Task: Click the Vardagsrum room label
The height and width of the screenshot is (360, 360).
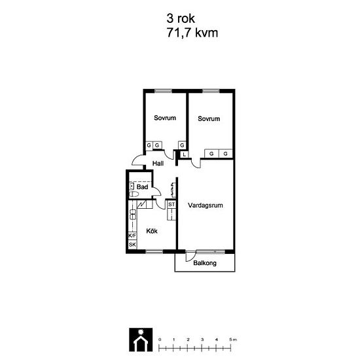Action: tap(206, 206)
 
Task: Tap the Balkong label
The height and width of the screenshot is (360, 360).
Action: tap(205, 263)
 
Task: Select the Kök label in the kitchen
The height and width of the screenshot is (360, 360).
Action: tap(152, 231)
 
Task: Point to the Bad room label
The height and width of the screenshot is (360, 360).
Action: tap(142, 187)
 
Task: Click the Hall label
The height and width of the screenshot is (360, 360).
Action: tap(158, 164)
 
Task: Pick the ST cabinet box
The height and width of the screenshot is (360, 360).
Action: tap(171, 204)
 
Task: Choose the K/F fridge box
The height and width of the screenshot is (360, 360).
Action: tap(132, 236)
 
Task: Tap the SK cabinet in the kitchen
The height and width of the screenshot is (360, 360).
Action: tap(132, 245)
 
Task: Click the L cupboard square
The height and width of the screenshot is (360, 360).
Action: tap(185, 154)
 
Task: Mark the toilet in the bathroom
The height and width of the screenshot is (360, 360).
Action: tap(134, 194)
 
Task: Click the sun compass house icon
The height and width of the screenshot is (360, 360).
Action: tap(141, 340)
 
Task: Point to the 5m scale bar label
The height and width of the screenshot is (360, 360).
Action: tap(233, 340)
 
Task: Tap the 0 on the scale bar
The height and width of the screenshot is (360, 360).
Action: tap(160, 340)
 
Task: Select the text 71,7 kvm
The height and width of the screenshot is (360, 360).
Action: tap(192, 33)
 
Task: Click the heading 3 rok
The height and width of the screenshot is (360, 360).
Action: tap(181, 18)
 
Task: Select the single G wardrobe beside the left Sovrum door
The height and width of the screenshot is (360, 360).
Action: tap(182, 145)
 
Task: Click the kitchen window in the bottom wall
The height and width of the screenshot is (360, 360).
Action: tap(154, 251)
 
